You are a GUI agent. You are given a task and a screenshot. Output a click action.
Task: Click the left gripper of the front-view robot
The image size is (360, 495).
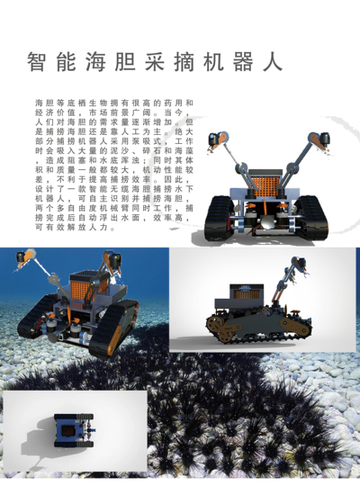pyautogui.click(x=212, y=139)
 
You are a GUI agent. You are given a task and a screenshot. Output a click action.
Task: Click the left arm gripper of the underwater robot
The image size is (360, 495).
pyautogui.click(x=22, y=262)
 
